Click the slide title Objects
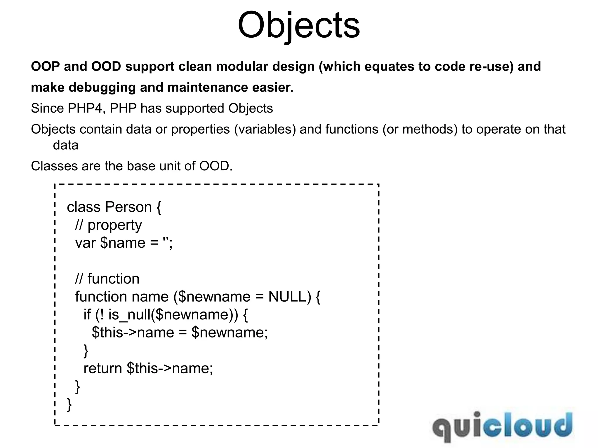(x=299, y=25)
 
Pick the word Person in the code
(x=128, y=207)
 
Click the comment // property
(x=108, y=225)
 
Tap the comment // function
(x=107, y=279)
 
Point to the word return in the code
(x=102, y=368)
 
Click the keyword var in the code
(x=85, y=243)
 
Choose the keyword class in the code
(x=84, y=207)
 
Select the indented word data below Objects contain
(x=66, y=145)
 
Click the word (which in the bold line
(x=340, y=66)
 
